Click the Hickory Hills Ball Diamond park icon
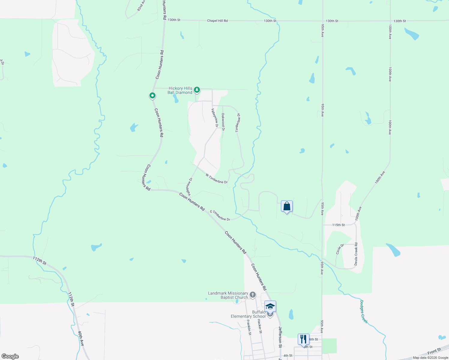197,90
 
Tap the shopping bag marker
287,206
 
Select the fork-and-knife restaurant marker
303,339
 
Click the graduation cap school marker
270,307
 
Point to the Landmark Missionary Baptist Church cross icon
253,295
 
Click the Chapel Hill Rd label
217,21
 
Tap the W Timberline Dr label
216,178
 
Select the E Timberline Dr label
220,215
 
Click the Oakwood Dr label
223,121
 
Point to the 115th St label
338,225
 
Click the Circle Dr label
340,249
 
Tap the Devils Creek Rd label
356,254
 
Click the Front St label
434,351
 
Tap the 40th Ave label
80,338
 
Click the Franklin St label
249,327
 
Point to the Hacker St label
260,326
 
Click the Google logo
10,356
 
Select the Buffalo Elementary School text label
248,314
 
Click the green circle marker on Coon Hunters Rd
152,96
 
